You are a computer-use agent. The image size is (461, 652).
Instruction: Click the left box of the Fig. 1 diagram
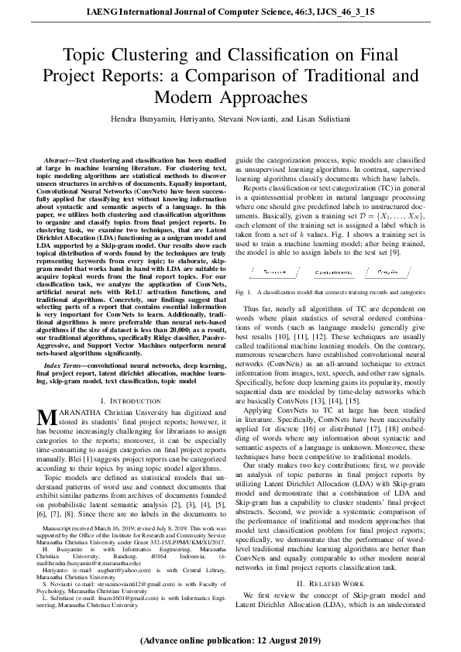pos(274,273)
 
